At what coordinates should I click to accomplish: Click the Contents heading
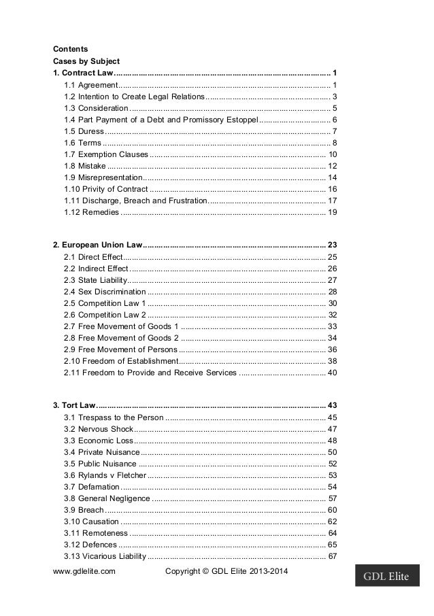(x=70, y=48)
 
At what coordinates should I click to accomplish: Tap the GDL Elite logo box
(x=386, y=578)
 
